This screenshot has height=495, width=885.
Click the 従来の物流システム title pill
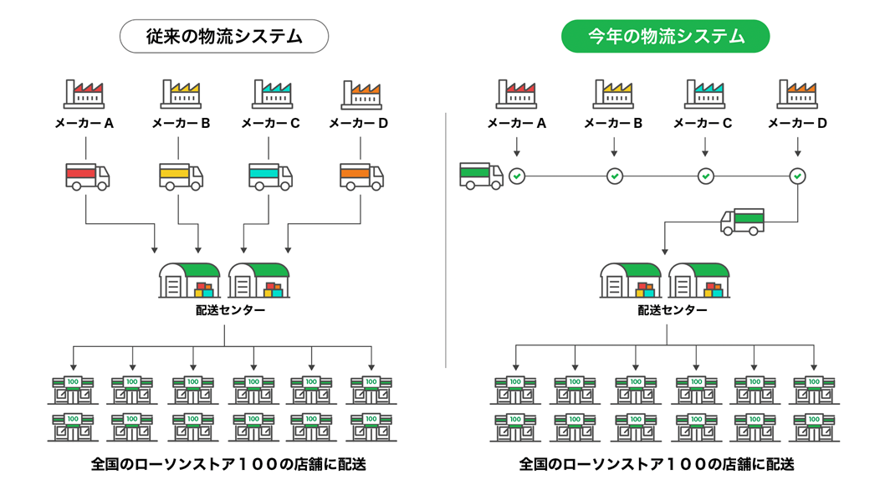click(x=223, y=37)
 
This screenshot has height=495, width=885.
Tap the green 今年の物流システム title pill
click(x=666, y=37)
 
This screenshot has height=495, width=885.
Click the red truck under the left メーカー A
click(x=87, y=176)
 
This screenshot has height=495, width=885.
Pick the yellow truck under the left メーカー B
click(x=181, y=176)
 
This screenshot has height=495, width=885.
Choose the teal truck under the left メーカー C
click(x=270, y=176)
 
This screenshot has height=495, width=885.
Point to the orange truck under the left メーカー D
click(x=361, y=176)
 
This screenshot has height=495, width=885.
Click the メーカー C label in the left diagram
click(x=270, y=124)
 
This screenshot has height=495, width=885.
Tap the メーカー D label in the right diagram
click(x=797, y=124)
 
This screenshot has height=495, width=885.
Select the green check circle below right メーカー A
click(x=518, y=176)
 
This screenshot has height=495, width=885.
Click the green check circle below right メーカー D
click(x=798, y=176)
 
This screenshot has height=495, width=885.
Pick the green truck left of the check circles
click(x=481, y=176)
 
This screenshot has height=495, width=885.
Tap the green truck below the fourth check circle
click(x=742, y=222)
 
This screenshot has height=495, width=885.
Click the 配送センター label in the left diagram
click(x=224, y=310)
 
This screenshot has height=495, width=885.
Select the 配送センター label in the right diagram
click(x=666, y=310)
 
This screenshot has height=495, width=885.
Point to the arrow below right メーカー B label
click(x=614, y=147)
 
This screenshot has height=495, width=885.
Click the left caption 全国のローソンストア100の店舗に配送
click(x=228, y=464)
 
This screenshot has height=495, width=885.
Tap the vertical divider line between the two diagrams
click(x=446, y=242)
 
